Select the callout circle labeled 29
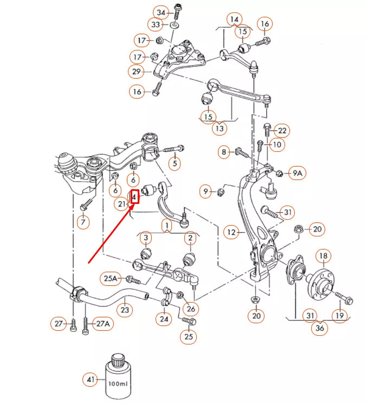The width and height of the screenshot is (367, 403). (136, 71)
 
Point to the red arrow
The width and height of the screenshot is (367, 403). (109, 233)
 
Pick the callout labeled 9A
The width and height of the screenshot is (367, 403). (297, 173)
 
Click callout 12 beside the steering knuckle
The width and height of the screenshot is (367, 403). (233, 233)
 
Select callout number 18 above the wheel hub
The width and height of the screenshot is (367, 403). (323, 256)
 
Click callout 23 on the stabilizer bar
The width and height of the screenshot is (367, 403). (125, 310)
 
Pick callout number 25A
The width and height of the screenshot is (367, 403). (111, 279)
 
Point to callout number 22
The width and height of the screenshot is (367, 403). (282, 131)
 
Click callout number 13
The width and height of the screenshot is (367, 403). (220, 129)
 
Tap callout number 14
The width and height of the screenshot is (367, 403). (234, 20)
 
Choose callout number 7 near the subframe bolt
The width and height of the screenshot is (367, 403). (82, 222)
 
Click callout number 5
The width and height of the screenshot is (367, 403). (174, 162)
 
